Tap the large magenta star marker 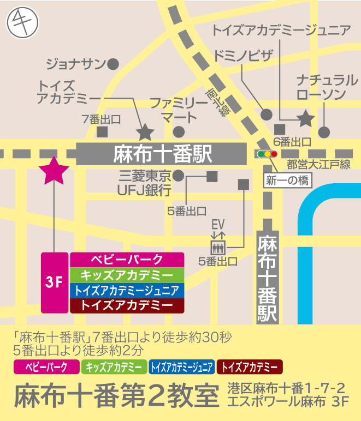pos(54,171)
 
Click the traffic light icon pos(267,154)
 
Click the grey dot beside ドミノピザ pos(267,114)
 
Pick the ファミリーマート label pos(179,109)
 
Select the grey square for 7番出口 pos(102,131)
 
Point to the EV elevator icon pos(218,244)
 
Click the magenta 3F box pos(55,282)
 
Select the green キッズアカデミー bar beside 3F pos(127,275)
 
